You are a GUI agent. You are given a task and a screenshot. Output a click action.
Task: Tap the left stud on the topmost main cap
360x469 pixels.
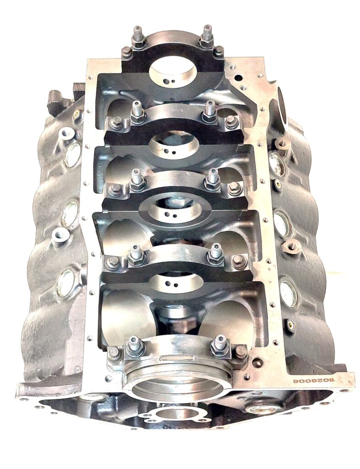tap(138, 38)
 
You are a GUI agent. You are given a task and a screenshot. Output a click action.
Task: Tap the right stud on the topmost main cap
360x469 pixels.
tap(207, 36)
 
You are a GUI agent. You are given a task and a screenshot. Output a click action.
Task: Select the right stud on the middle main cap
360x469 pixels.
tap(213, 180)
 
